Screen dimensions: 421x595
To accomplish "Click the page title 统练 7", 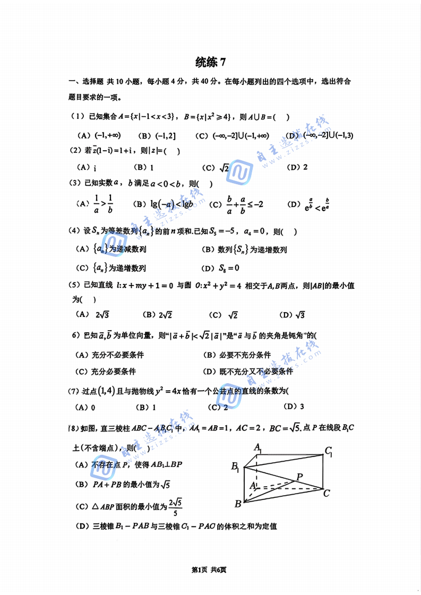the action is (x=210, y=62).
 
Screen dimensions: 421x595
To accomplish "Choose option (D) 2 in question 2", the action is (x=297, y=168).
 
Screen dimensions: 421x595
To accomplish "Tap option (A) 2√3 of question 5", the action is (x=92, y=315).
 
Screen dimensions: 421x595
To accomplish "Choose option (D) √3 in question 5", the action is (x=293, y=315).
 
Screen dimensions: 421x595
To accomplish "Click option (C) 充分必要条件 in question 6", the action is (x=106, y=372).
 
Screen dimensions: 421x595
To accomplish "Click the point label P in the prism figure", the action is (x=300, y=477).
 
